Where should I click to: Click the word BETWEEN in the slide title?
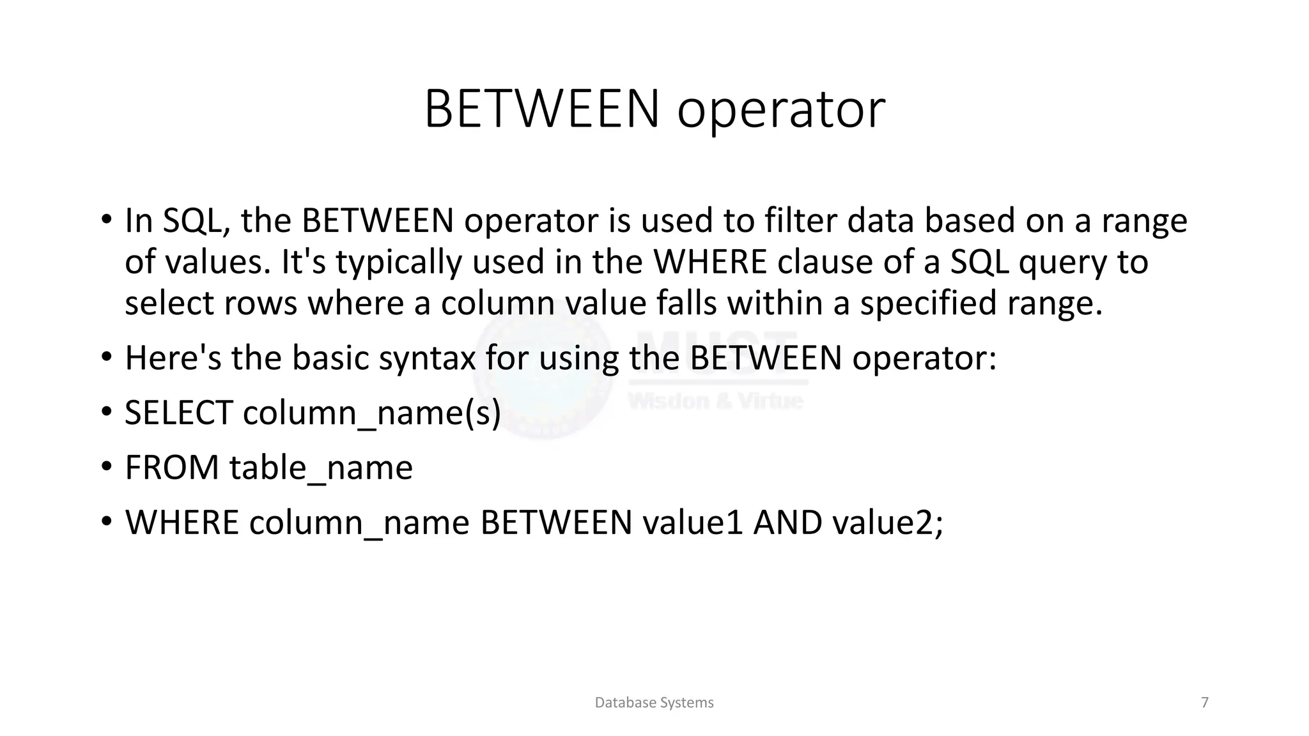[541, 109]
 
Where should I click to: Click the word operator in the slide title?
[781, 111]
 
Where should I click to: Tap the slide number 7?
[1205, 703]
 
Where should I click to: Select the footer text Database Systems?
[654, 703]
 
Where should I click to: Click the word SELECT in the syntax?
[178, 413]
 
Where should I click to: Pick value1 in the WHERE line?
[692, 523]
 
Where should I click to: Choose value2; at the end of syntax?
[887, 523]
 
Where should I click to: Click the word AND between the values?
[787, 523]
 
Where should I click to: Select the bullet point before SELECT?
[106, 411]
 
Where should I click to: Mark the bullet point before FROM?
[106, 466]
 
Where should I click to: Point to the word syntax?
[427, 359]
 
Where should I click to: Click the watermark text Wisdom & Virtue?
[716, 401]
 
